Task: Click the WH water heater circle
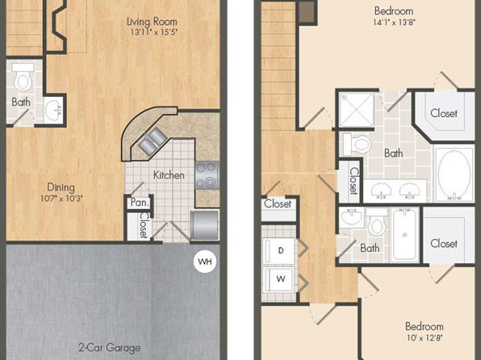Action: coord(205,262)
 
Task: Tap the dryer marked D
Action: coord(279,251)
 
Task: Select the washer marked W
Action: coord(279,279)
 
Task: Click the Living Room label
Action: coord(153,22)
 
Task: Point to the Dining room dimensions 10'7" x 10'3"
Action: coord(61,199)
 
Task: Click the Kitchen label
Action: coord(169,175)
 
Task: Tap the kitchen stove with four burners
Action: coord(207,175)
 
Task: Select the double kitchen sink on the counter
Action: coord(153,140)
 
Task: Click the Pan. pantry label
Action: coord(140,203)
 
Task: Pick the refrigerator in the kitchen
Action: coord(204,225)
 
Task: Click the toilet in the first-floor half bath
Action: coord(23,77)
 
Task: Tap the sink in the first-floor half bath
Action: coord(54,110)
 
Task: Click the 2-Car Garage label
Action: coord(109,348)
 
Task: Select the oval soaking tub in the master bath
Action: coord(454,174)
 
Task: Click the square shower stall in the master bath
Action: coord(357,110)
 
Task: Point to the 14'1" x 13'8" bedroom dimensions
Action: coord(394,23)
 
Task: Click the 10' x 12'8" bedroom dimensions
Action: coord(425,338)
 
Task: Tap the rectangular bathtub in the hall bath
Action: coord(404,235)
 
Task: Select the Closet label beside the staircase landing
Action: coord(278,203)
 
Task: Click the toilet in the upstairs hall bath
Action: coord(377,222)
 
